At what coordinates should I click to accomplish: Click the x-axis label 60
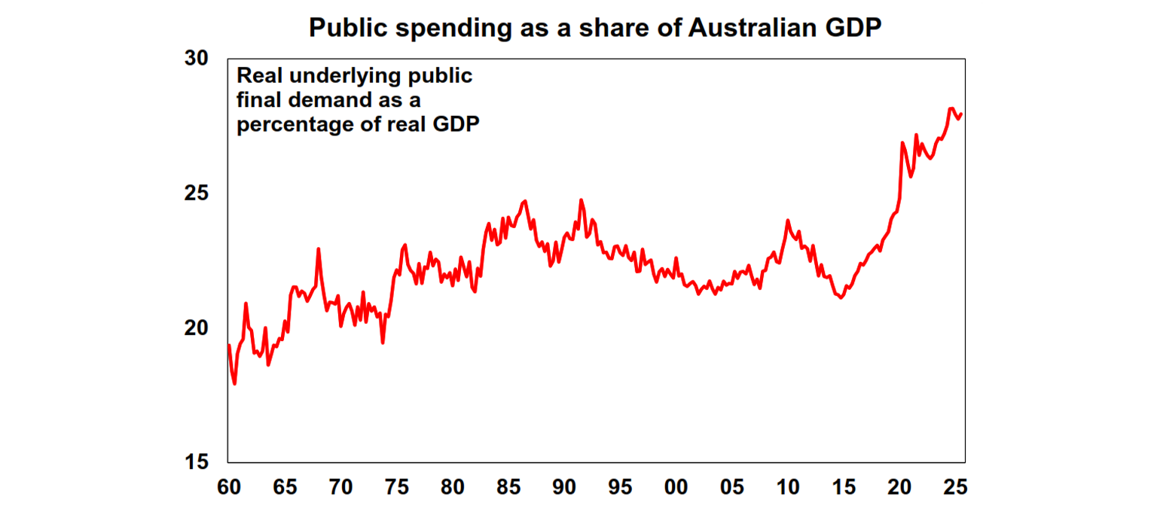(x=228, y=487)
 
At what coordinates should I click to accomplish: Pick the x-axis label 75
(x=396, y=487)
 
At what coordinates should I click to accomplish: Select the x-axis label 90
(x=564, y=487)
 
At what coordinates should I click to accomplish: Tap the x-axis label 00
(x=676, y=487)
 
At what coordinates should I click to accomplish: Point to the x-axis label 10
(x=788, y=487)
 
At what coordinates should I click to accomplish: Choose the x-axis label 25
(x=956, y=487)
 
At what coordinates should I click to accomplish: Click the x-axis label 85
(x=508, y=487)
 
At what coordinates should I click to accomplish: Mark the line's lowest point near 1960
(x=235, y=383)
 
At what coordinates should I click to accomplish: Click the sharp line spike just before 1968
(x=319, y=249)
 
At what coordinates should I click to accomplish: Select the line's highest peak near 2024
(x=951, y=108)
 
